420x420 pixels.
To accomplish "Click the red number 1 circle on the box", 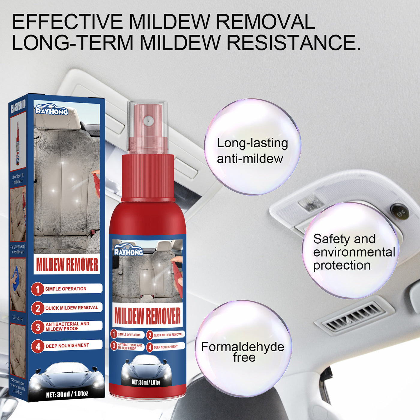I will pyautogui.click(x=37, y=289).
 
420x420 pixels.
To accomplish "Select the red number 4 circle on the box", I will pyautogui.click(x=38, y=346).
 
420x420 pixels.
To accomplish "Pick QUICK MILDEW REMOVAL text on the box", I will pyautogui.click(x=72, y=308).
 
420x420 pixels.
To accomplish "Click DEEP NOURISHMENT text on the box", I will pyautogui.click(x=67, y=346).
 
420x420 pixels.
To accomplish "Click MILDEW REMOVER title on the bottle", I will pyautogui.click(x=147, y=316).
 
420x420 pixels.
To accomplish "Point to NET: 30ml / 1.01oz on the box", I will pyautogui.click(x=67, y=394).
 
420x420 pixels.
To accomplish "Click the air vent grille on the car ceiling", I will pyautogui.click(x=354, y=317).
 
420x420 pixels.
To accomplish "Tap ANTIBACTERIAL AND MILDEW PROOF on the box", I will pyautogui.click(x=67, y=326).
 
